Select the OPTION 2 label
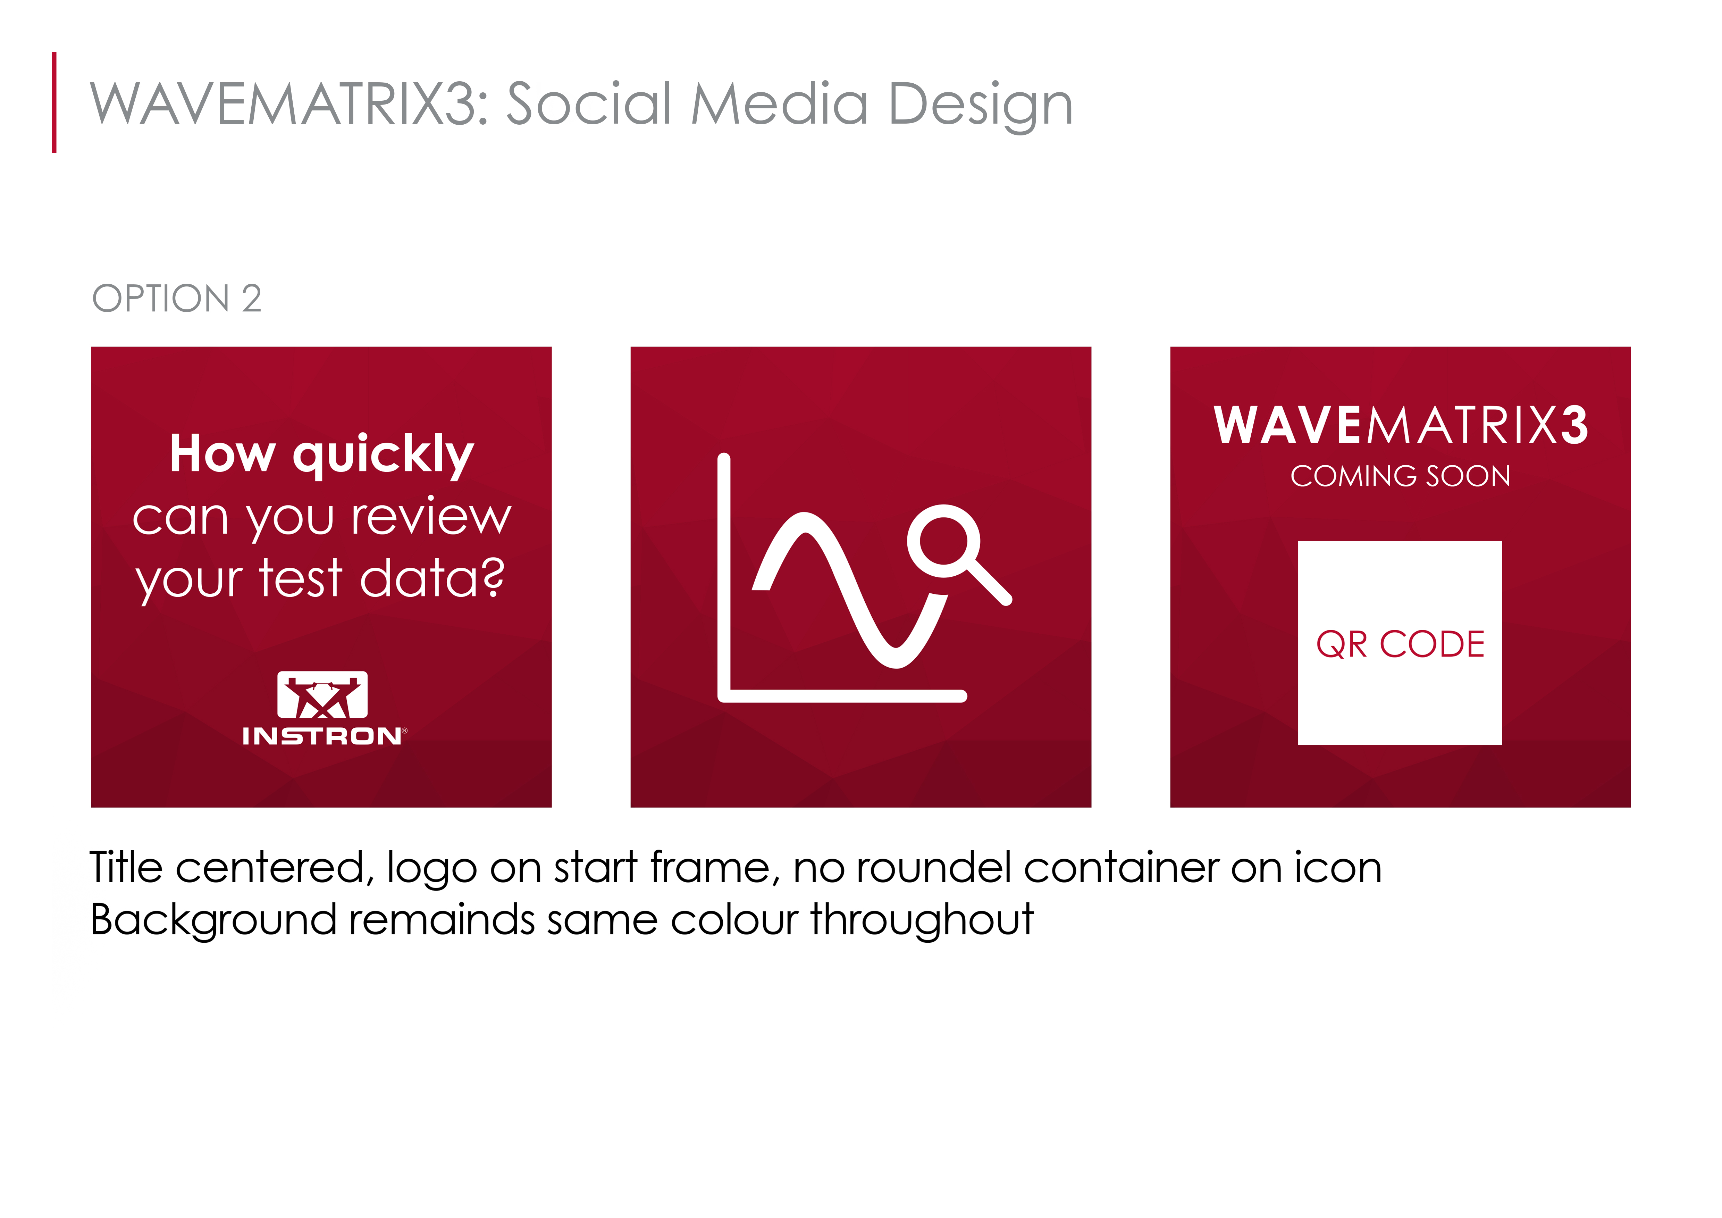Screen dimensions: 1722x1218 point(177,299)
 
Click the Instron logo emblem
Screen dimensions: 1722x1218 point(322,694)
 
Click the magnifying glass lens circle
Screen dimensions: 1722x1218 point(943,541)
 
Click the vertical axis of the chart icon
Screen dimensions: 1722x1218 point(724,577)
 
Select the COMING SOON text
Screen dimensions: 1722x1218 point(1400,476)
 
